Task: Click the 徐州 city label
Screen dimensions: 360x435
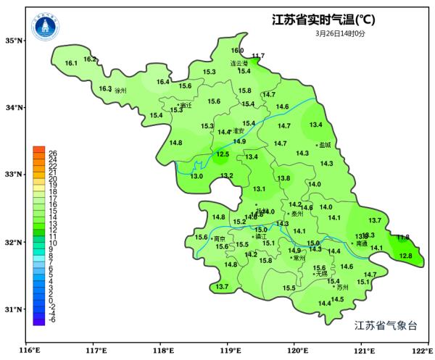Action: tap(120, 91)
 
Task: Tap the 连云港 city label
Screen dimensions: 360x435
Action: tap(239, 63)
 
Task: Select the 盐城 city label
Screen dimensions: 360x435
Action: tap(324, 145)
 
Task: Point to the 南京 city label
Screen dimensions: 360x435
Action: tap(219, 238)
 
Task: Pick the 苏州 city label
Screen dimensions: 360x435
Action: tap(343, 287)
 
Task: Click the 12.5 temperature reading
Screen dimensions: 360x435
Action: tap(223, 154)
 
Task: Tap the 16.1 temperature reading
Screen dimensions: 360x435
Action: tap(71, 64)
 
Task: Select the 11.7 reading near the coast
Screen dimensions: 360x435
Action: tap(258, 56)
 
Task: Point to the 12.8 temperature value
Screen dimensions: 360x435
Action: tap(406, 256)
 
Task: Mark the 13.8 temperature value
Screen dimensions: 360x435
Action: tap(283, 178)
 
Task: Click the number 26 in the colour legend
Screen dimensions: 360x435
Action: tap(52, 153)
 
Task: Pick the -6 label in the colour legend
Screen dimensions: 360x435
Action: tap(52, 319)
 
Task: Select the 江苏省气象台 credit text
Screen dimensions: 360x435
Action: tap(386, 325)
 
